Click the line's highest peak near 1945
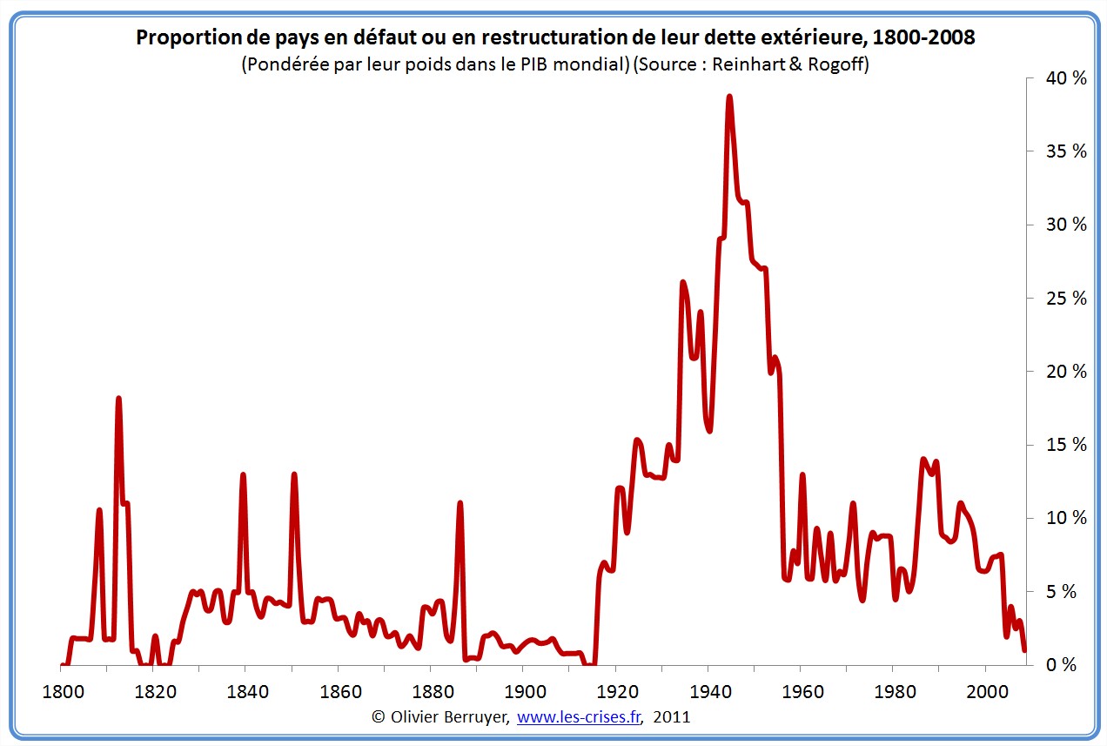click(729, 97)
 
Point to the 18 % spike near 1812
click(118, 399)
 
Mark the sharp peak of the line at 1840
click(243, 475)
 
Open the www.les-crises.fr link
click(578, 717)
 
